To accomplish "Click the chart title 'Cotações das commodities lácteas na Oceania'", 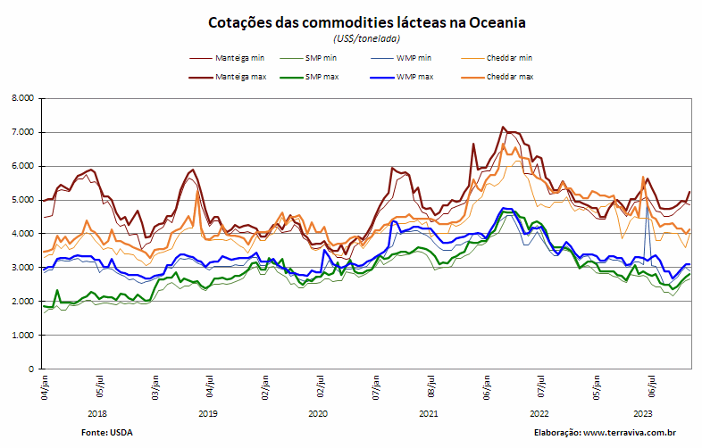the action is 367,22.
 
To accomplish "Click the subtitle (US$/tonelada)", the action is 366,39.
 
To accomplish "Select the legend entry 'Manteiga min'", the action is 227,58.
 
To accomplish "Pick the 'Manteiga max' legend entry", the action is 228,77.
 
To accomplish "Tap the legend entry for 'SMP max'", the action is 309,77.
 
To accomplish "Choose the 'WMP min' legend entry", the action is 401,58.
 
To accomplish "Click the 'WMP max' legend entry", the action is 402,77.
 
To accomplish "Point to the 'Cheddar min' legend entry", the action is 497,58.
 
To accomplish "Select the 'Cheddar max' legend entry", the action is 497,77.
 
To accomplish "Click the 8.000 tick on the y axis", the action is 22,98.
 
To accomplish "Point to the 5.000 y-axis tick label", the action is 22,200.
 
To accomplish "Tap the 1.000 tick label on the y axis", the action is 22,336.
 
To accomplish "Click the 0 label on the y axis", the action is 31,369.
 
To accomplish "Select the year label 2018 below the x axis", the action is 97,414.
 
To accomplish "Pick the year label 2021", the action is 429,414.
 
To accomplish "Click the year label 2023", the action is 642,414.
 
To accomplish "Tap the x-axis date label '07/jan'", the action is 376,387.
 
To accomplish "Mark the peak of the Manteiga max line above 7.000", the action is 503,127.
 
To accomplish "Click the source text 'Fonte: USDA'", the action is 107,433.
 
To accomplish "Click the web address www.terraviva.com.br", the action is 630,433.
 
